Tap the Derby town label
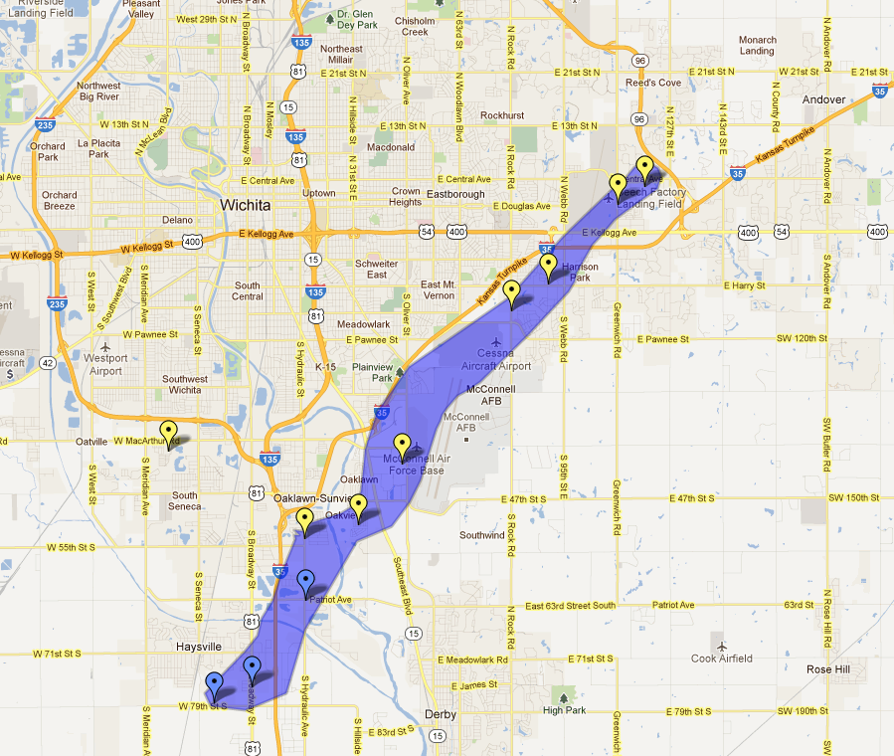coord(439,715)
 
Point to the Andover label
coord(823,99)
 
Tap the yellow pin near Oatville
coord(167,434)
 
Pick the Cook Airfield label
coord(721,659)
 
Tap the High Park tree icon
coord(566,695)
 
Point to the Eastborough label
coord(455,194)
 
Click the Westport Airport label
coord(105,365)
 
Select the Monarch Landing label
coord(757,46)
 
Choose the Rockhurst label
coord(501,115)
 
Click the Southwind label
coord(482,535)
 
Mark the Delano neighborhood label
coord(177,220)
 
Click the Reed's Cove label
coord(653,83)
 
